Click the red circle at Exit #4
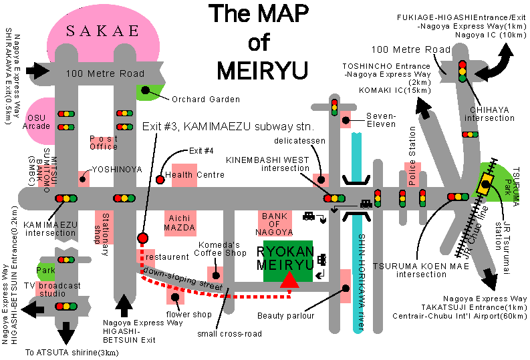[x=160, y=179]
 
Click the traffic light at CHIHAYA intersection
[x=461, y=71]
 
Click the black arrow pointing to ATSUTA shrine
[x=65, y=331]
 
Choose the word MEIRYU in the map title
[x=258, y=69]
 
